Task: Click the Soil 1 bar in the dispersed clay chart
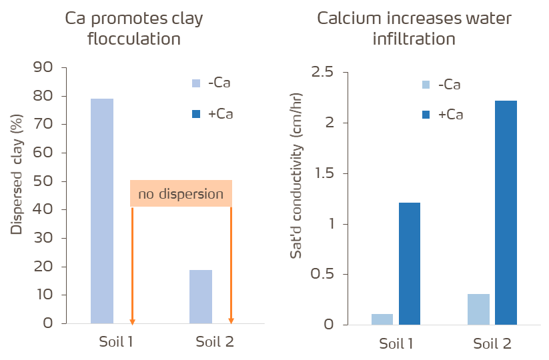tap(102, 211)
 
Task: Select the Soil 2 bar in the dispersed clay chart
tap(201, 296)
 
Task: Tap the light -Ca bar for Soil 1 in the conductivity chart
tap(382, 319)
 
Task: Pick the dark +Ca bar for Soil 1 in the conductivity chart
tap(410, 263)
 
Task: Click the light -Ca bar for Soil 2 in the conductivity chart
tap(479, 309)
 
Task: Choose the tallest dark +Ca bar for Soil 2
tap(506, 213)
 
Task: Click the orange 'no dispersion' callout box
tap(181, 193)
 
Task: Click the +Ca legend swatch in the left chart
tap(196, 113)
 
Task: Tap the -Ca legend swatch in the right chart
tap(426, 85)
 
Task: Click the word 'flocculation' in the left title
tap(134, 39)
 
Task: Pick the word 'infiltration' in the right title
tap(414, 39)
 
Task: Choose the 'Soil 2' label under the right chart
tap(492, 344)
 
